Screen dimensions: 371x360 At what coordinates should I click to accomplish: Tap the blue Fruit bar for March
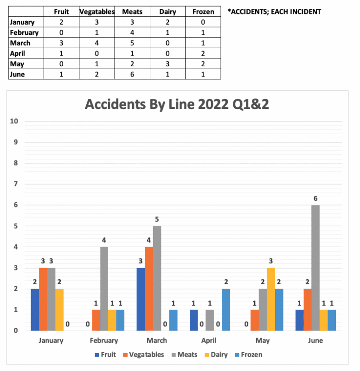point(141,299)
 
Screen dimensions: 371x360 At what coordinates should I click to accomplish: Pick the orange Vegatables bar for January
point(43,299)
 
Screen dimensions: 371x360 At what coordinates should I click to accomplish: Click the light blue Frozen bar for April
point(226,309)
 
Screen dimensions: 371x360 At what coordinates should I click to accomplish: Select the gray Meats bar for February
point(104,288)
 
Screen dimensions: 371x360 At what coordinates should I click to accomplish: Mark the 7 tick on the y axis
point(15,184)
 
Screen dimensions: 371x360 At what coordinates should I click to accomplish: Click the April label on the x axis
point(209,341)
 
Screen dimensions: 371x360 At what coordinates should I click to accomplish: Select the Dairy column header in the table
point(167,12)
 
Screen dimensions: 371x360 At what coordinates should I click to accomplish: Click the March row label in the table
point(20,43)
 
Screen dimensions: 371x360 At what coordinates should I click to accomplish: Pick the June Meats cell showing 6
point(132,75)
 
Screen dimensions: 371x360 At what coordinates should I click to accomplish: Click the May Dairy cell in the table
point(167,64)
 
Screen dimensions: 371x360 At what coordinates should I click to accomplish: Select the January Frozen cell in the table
point(202,22)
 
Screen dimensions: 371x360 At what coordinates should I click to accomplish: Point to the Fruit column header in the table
point(61,12)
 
